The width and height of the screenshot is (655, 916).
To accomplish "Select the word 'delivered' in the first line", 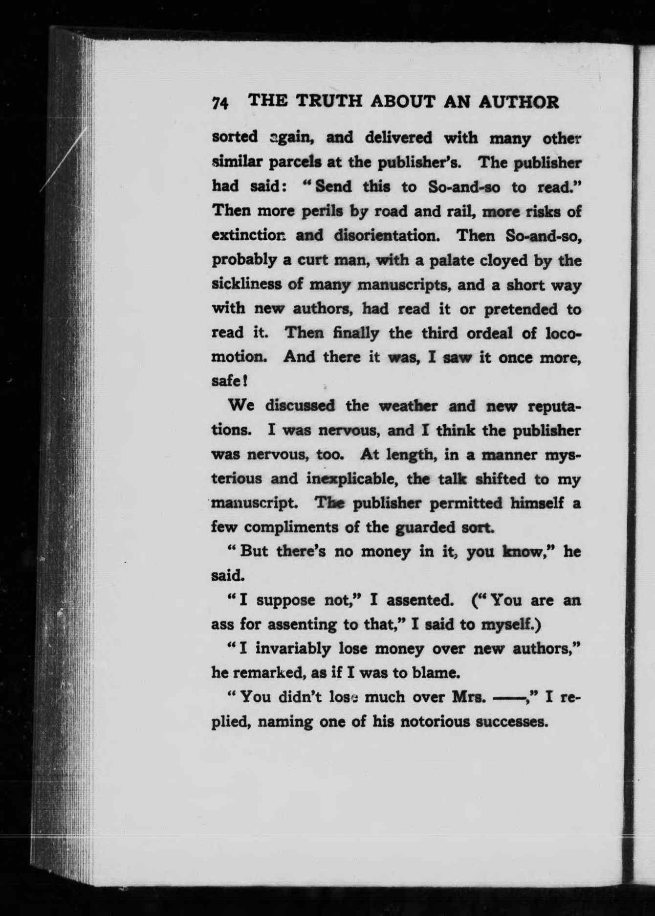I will (x=398, y=137).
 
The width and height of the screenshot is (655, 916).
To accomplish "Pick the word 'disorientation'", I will (x=388, y=235).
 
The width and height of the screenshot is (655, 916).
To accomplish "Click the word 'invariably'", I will (x=292, y=649).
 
